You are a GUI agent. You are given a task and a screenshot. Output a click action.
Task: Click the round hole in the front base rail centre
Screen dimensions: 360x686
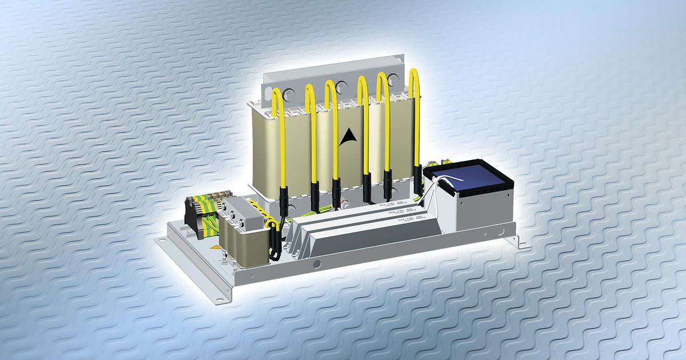316,265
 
